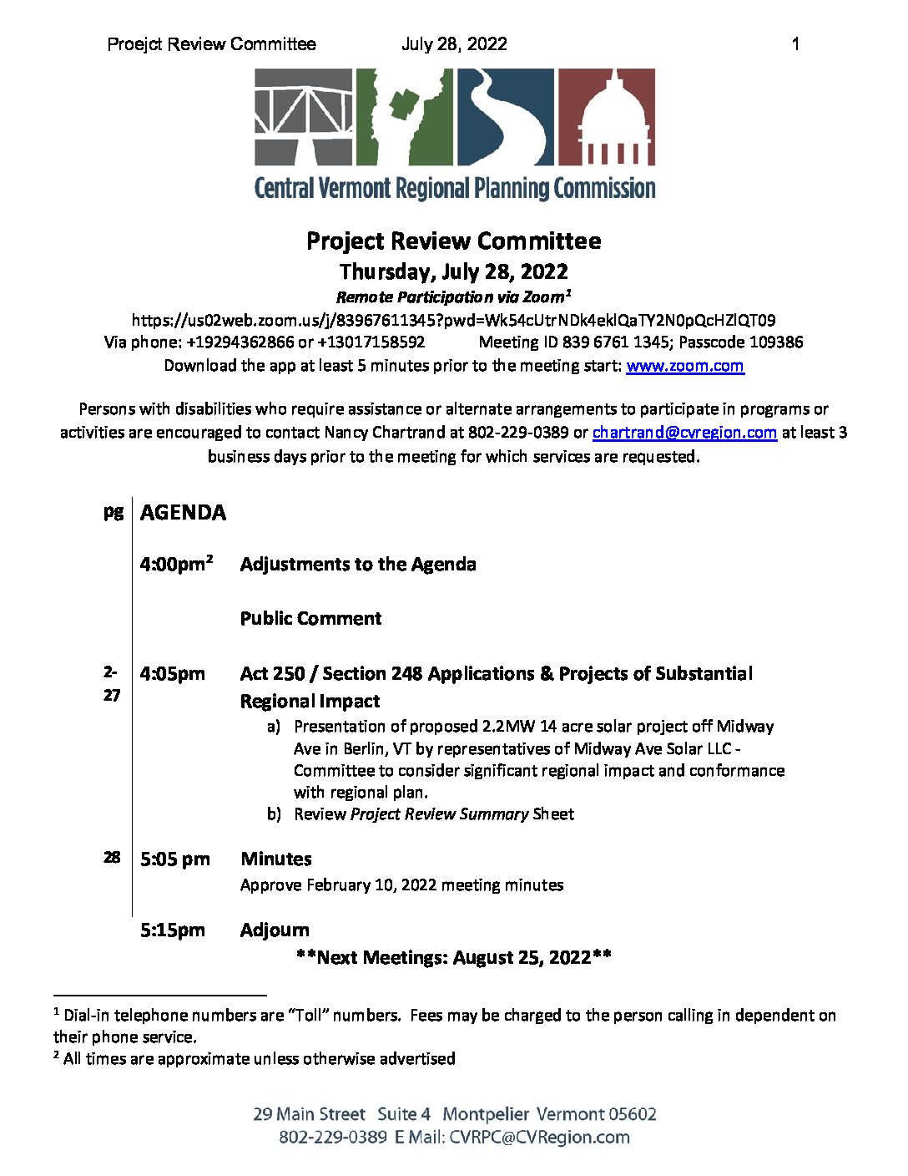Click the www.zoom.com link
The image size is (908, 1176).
click(684, 366)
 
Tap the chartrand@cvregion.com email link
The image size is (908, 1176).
click(684, 433)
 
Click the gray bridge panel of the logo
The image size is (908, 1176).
click(303, 117)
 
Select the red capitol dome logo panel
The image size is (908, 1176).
click(606, 117)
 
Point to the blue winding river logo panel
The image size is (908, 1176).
click(504, 117)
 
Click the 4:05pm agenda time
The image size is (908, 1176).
click(173, 674)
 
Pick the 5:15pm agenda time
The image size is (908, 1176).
click(173, 930)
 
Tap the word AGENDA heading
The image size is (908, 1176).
click(183, 513)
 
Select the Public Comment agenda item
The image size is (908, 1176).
click(310, 619)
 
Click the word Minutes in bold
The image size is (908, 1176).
click(275, 859)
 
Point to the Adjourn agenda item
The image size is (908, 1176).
click(275, 930)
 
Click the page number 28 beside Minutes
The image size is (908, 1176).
click(112, 857)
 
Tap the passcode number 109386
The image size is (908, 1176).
click(776, 342)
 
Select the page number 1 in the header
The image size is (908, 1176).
click(795, 44)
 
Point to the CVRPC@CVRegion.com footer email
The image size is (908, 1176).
click(539, 1138)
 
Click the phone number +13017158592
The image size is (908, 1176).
click(371, 342)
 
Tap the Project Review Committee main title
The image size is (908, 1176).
click(453, 241)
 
